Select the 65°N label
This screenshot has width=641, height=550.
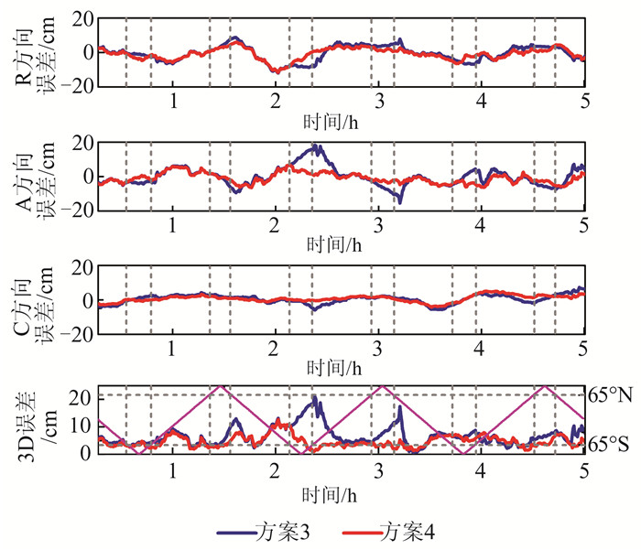(x=611, y=395)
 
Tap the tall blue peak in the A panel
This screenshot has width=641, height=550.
(x=317, y=146)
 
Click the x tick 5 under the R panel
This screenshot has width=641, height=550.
(x=583, y=101)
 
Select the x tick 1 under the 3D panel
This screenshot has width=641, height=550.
(x=172, y=471)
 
